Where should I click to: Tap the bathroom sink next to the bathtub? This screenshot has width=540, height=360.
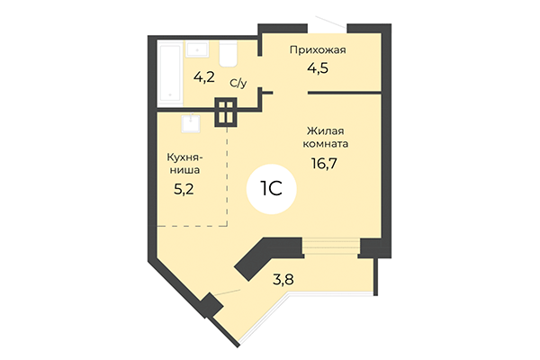200,50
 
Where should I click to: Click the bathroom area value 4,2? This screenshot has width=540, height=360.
204,76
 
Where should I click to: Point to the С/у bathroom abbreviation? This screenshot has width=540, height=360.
238,82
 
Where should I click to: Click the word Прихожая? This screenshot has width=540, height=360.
318,50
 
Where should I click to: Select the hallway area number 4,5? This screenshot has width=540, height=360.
318,67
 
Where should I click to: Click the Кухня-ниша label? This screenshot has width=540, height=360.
183,163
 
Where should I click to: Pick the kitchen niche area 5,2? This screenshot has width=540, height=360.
183,190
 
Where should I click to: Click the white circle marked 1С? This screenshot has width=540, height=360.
272,190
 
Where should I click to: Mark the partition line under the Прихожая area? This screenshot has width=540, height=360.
346,93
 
